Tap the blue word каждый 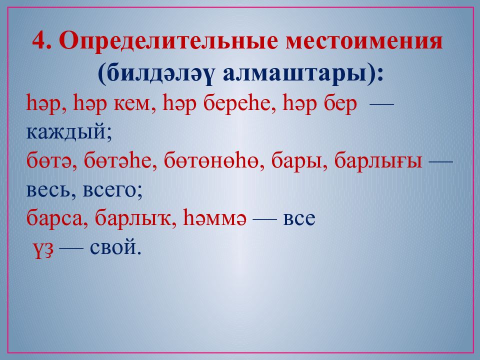tap(66, 132)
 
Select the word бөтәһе tap(117, 160)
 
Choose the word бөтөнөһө tap(211, 160)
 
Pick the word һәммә tap(214, 218)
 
